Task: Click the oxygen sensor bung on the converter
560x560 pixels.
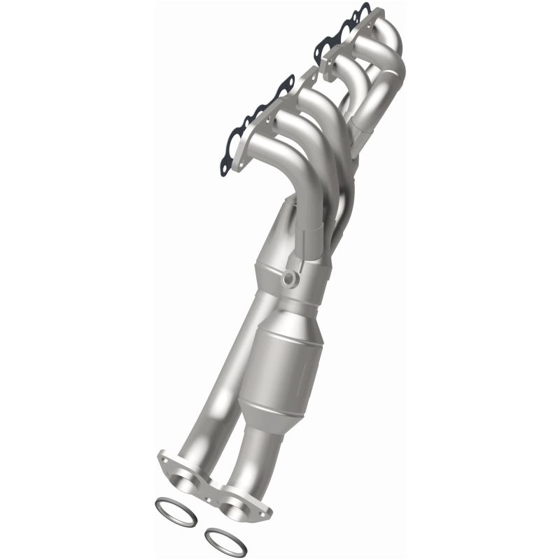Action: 289,281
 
